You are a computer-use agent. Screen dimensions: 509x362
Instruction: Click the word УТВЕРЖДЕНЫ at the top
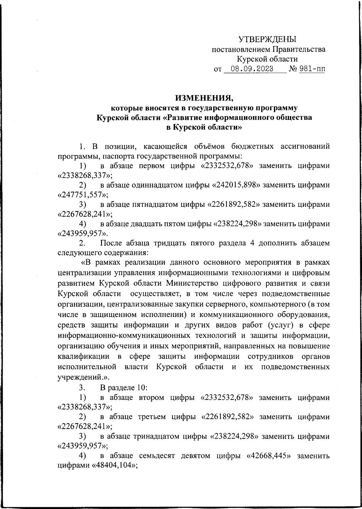point(267,39)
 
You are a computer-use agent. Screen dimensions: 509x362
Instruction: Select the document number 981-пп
point(312,69)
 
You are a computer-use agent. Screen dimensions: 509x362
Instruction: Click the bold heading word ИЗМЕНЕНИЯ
point(204,98)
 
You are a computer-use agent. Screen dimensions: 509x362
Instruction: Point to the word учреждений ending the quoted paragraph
point(80,377)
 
